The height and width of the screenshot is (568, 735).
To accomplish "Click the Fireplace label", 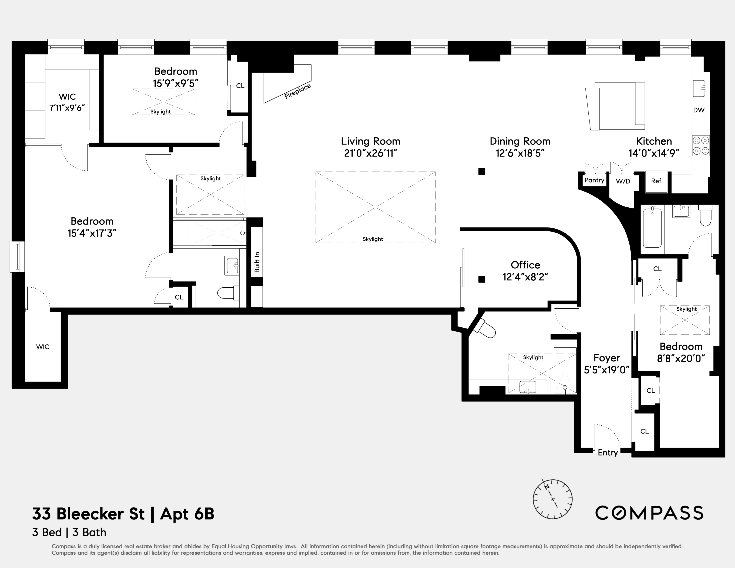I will [x=297, y=91].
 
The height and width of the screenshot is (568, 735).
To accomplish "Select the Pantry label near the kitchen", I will [x=594, y=180].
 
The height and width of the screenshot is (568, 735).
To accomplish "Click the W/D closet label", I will [x=623, y=181].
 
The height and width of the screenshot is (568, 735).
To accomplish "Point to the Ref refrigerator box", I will [x=656, y=181].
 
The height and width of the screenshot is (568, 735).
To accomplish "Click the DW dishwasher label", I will [x=699, y=110].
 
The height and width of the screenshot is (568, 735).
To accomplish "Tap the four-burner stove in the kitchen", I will [x=701, y=146].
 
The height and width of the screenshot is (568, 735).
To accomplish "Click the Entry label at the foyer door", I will [x=607, y=453].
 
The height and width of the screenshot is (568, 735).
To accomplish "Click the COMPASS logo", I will [x=649, y=513].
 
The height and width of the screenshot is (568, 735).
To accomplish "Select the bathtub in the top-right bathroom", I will [x=652, y=228].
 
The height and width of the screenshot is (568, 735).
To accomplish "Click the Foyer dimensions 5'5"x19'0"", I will [x=606, y=370].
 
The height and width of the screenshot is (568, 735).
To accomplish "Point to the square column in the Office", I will [x=482, y=279].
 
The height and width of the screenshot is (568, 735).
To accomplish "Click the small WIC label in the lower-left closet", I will [x=43, y=347].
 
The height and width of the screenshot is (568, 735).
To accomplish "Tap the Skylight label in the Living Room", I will [x=372, y=239].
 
